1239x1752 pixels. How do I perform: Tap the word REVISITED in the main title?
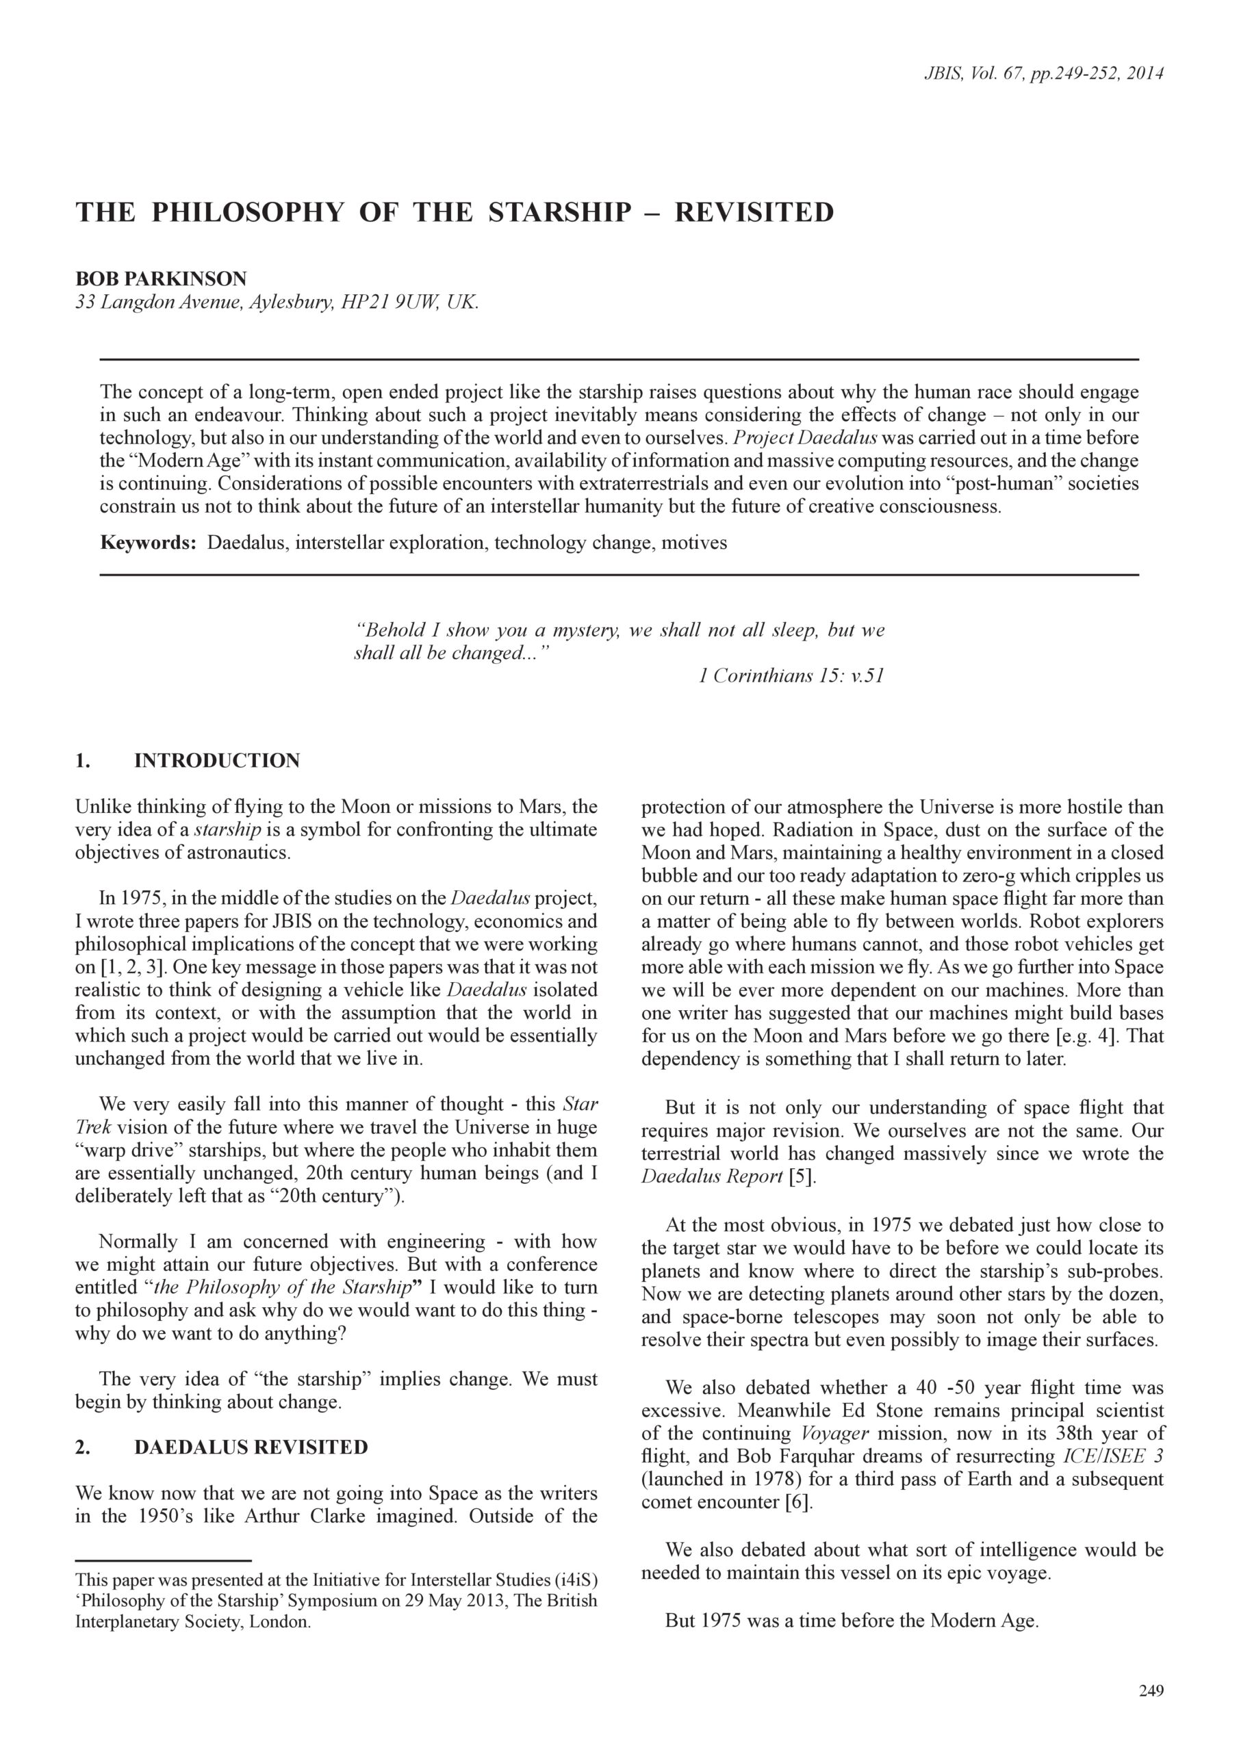click(754, 212)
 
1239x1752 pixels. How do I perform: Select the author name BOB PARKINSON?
click(161, 279)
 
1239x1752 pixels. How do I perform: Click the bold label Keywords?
click(149, 543)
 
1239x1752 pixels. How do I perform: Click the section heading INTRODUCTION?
click(217, 761)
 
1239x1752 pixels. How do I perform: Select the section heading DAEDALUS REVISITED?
click(251, 1447)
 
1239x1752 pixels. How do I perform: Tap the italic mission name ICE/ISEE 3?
click(1113, 1456)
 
